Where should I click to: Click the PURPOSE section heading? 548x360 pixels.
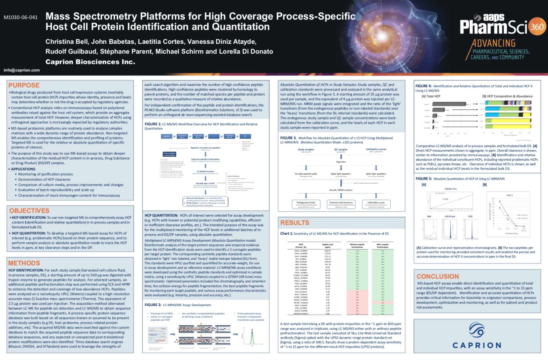click(x=24, y=85)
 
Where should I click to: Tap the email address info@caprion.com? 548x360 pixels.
click(x=22, y=70)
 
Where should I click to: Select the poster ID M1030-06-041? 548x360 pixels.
click(x=21, y=17)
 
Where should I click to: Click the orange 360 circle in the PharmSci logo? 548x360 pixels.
click(x=537, y=26)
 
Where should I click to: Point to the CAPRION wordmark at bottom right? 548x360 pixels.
click(x=477, y=345)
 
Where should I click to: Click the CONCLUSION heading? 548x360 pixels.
click(x=437, y=276)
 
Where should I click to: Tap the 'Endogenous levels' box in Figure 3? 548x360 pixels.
click(x=306, y=204)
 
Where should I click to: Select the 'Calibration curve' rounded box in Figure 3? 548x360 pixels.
click(x=376, y=204)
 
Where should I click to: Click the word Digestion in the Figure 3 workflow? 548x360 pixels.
click(x=341, y=162)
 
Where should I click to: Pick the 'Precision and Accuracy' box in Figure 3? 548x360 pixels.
click(x=341, y=204)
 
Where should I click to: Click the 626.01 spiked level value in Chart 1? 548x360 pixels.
click(x=328, y=251)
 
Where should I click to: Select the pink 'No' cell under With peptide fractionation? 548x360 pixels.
click(x=383, y=303)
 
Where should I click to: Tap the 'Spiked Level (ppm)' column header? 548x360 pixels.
click(x=328, y=246)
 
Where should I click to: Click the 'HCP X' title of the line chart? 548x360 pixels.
click(x=509, y=195)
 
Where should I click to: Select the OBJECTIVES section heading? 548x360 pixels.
click(x=29, y=211)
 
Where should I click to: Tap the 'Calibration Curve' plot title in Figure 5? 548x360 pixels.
click(x=451, y=189)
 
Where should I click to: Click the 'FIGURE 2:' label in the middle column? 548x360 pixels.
click(x=153, y=305)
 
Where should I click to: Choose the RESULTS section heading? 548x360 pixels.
click(x=295, y=223)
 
